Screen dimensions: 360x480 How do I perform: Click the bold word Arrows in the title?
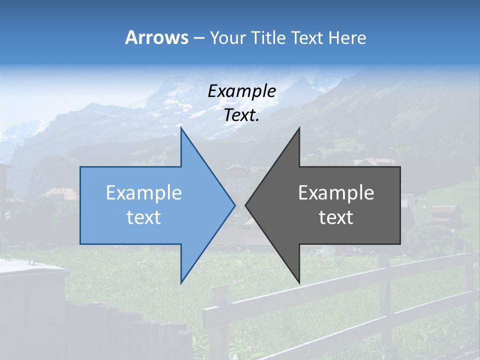point(156,37)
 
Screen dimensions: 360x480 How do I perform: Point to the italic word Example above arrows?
point(241,91)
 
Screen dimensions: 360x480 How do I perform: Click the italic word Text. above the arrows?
point(241,115)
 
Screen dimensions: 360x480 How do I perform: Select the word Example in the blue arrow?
point(144,193)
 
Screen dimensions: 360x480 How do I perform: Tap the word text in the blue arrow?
point(144,217)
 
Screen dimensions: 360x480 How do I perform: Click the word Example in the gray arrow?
point(336,193)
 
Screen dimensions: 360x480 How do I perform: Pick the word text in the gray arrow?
point(336,217)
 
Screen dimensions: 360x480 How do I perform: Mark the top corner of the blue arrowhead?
point(181,128)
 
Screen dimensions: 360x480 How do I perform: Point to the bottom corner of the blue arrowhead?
point(181,282)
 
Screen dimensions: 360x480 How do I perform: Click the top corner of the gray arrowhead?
point(299,128)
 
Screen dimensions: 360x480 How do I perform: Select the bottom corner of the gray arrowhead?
point(299,282)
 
